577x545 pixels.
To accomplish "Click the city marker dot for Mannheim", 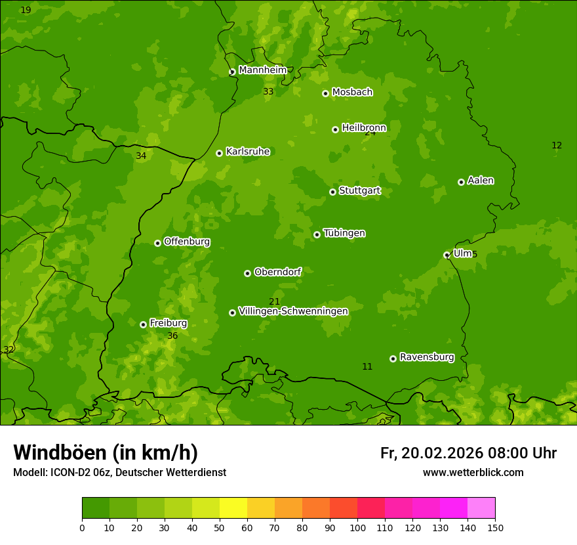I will click(232, 72).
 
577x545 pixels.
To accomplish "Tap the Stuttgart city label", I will click(359, 191).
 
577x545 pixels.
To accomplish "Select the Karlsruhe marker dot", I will click(220, 153).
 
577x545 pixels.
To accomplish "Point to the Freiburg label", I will click(168, 323).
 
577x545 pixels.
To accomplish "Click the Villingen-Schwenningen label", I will click(293, 311).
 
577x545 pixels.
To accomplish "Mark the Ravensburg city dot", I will click(393, 359).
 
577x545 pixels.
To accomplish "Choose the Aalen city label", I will click(481, 181).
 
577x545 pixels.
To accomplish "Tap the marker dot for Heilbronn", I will click(336, 129).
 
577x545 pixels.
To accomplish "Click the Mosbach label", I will click(352, 93).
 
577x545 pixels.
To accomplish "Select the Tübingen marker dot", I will click(317, 234).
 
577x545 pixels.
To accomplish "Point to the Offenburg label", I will click(187, 242).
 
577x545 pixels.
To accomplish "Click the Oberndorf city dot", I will click(248, 273).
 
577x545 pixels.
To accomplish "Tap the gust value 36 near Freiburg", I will click(172, 336).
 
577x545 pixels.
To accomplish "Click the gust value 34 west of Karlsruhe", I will click(141, 156).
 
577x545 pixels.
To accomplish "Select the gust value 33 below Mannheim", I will click(268, 92).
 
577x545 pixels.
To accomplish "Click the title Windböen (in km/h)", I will click(106, 452).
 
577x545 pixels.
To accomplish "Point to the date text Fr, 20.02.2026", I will click(431, 453).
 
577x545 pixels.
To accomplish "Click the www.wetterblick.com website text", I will click(473, 473).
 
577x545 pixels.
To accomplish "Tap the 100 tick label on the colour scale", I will click(357, 527).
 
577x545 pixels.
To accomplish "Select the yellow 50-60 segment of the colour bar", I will click(233, 508).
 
